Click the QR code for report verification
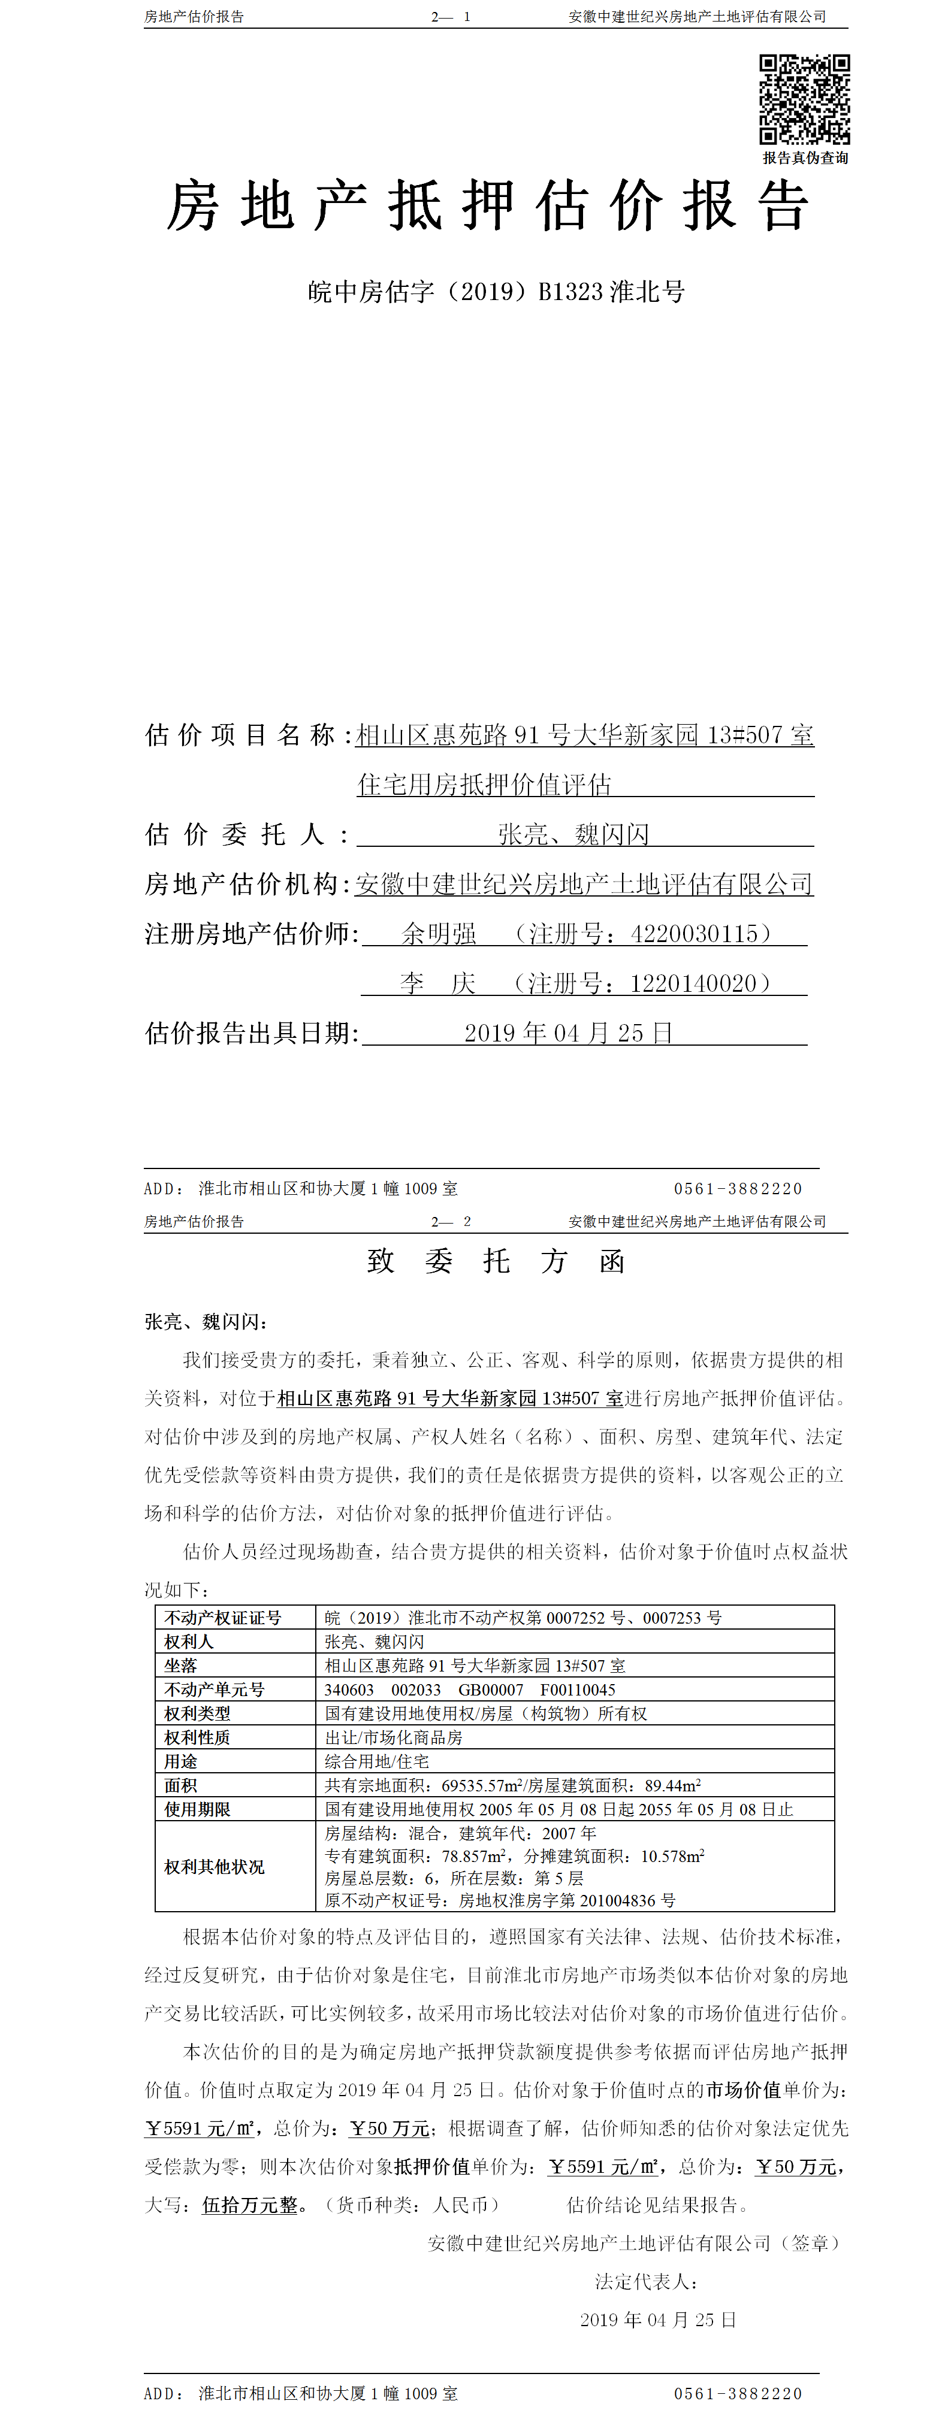coord(804,99)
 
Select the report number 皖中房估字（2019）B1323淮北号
coord(496,292)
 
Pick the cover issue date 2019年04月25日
coord(568,1033)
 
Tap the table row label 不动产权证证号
coord(223,1618)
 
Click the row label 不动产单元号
coord(215,1690)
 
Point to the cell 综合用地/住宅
coord(376,1761)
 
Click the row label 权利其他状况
coord(215,1866)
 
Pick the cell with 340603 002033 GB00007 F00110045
coord(470,1690)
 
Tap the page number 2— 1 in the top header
coord(450,17)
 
